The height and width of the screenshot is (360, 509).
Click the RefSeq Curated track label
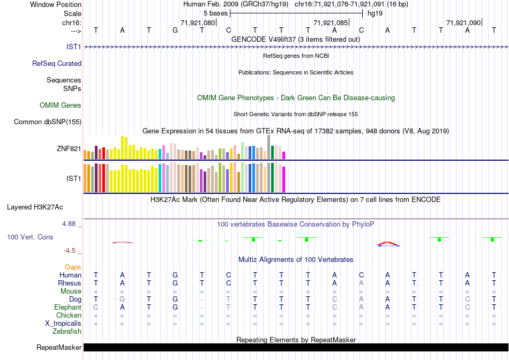pyautogui.click(x=57, y=63)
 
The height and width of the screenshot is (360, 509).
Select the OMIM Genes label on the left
pyautogui.click(x=61, y=106)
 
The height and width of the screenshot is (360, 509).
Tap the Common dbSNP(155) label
pyautogui.click(x=48, y=122)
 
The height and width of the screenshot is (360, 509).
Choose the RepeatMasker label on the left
pyautogui.click(x=59, y=348)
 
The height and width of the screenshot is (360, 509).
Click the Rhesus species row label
pyautogui.click(x=70, y=283)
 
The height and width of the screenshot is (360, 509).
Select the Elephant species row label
pyautogui.click(x=68, y=307)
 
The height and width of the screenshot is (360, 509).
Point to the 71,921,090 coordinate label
pyautogui.click(x=463, y=22)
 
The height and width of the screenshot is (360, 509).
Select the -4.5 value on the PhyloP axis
pyautogui.click(x=72, y=250)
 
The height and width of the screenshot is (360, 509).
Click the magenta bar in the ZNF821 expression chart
pyautogui.click(x=283, y=155)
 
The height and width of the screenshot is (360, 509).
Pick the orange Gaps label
pyautogui.click(x=73, y=267)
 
